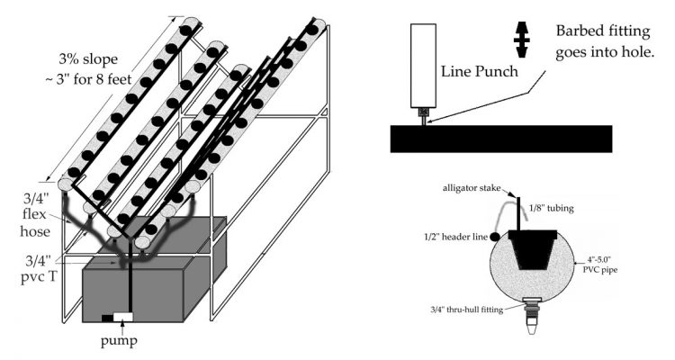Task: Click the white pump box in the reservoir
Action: (x=121, y=317)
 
